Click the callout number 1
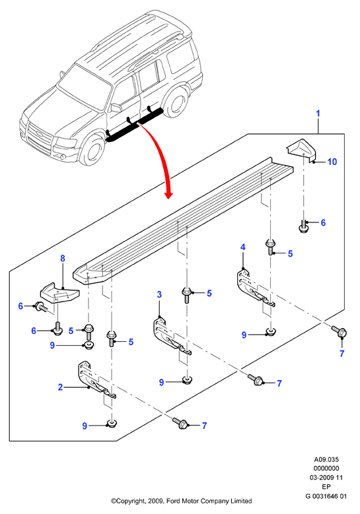(318, 113)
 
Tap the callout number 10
(332, 162)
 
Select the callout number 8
(63, 259)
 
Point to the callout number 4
(243, 247)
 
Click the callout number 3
(159, 294)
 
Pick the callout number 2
(60, 387)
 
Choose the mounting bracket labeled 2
(96, 380)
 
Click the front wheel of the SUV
(94, 151)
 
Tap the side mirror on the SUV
(116, 108)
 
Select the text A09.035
(326, 460)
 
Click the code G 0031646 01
(326, 496)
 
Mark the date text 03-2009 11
(326, 478)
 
